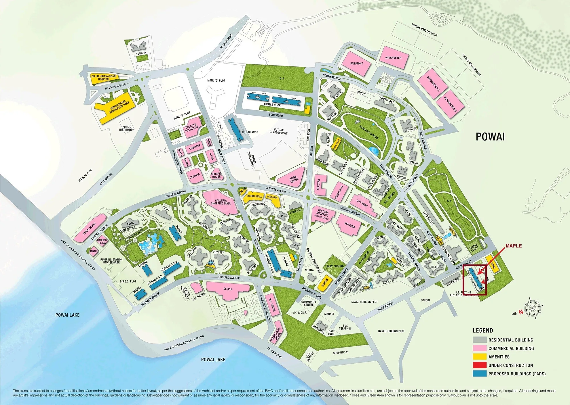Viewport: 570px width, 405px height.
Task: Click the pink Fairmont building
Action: point(356,64)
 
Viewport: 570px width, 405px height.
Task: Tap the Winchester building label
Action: point(393,58)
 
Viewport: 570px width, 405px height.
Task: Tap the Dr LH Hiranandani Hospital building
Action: point(104,78)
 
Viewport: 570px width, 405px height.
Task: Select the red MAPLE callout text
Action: point(514,246)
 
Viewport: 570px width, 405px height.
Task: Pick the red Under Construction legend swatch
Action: point(479,365)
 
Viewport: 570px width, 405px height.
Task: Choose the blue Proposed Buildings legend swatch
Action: point(479,374)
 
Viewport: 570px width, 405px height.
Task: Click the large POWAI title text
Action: point(490,137)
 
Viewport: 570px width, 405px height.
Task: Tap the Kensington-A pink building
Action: point(433,84)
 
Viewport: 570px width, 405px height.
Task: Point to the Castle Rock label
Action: point(272,105)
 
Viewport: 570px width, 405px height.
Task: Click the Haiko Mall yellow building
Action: point(254,197)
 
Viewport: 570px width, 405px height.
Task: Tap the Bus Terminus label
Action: point(345,327)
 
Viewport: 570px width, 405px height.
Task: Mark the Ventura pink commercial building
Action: point(349,225)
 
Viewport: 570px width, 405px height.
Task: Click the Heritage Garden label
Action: point(369,133)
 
